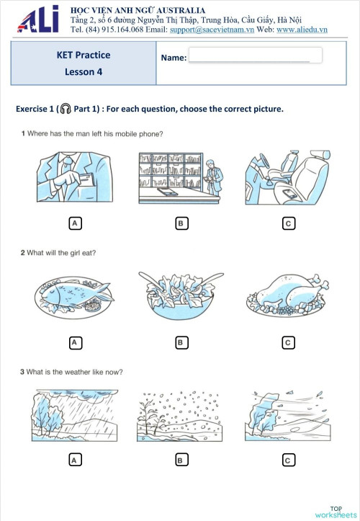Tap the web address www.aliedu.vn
[302, 30]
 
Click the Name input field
[255, 56]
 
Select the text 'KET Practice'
[83, 55]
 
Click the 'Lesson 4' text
[83, 72]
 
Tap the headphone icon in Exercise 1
[66, 109]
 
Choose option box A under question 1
[74, 223]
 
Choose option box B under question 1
[181, 223]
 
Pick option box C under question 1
[288, 223]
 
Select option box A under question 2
[74, 342]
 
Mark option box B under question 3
[181, 459]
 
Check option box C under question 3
[288, 459]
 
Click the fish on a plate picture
[74, 295]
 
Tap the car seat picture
[288, 177]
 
